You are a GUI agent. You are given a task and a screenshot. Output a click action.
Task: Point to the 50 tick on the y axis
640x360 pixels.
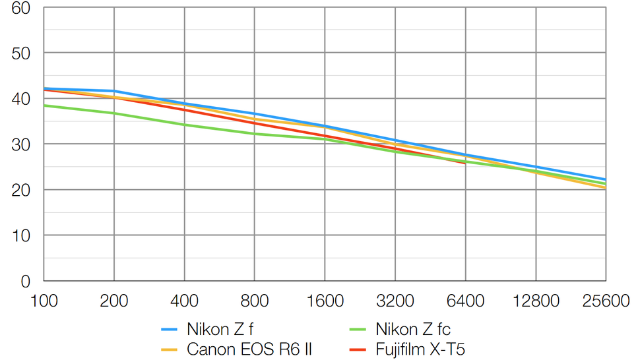pos(20,53)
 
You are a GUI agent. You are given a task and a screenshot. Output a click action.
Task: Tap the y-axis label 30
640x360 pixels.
pos(20,144)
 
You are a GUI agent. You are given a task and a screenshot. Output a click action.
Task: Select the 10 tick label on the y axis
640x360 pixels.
pos(20,235)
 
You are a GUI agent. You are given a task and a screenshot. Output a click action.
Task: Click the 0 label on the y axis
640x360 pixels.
pos(25,281)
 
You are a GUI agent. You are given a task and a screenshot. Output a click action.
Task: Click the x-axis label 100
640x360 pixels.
pos(44,301)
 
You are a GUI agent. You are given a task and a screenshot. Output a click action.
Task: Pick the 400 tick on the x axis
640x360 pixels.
pos(184,301)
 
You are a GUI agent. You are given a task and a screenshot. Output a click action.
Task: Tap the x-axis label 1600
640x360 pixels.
pos(325,301)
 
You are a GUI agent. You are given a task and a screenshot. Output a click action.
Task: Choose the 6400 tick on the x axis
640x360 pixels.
pos(465,301)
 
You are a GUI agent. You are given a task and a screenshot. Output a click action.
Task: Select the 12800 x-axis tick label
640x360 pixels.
pos(535,301)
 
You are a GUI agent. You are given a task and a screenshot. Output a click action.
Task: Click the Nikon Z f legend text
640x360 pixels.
pos(220,328)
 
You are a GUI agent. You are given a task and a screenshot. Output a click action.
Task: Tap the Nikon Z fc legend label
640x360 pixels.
pos(413,328)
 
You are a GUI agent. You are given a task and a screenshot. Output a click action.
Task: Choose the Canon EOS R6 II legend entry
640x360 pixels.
pos(249,349)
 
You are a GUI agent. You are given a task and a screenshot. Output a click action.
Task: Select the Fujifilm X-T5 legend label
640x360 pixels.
pos(420,349)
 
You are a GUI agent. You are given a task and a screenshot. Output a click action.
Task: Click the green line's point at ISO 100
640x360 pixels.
pos(44,105)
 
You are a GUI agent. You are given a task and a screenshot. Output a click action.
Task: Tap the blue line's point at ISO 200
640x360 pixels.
pos(114,91)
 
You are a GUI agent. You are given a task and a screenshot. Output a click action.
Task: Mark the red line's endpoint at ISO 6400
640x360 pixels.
pos(465,163)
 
